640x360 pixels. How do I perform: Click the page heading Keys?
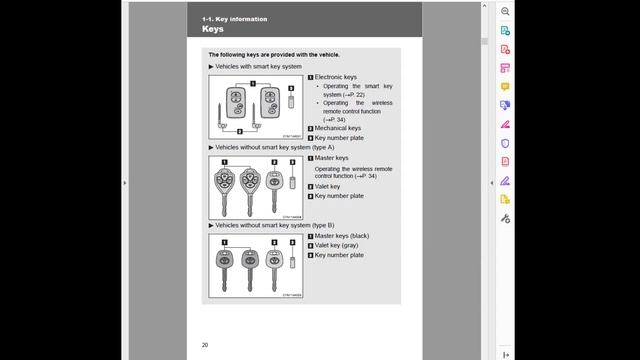click(x=212, y=30)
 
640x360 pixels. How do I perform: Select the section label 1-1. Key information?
click(x=234, y=19)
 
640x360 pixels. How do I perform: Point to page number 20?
click(x=205, y=345)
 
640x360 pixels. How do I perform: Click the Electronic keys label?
click(x=335, y=77)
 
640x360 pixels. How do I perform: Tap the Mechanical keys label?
click(x=338, y=128)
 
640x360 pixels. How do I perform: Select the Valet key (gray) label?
click(x=339, y=245)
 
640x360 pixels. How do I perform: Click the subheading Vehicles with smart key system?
click(x=258, y=66)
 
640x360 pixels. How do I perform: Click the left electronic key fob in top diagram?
click(x=236, y=101)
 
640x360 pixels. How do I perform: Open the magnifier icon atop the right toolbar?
click(x=506, y=11)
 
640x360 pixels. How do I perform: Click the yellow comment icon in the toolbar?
click(x=506, y=86)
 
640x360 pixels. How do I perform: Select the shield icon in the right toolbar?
click(x=506, y=143)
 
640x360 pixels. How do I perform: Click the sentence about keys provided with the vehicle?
click(x=273, y=54)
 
